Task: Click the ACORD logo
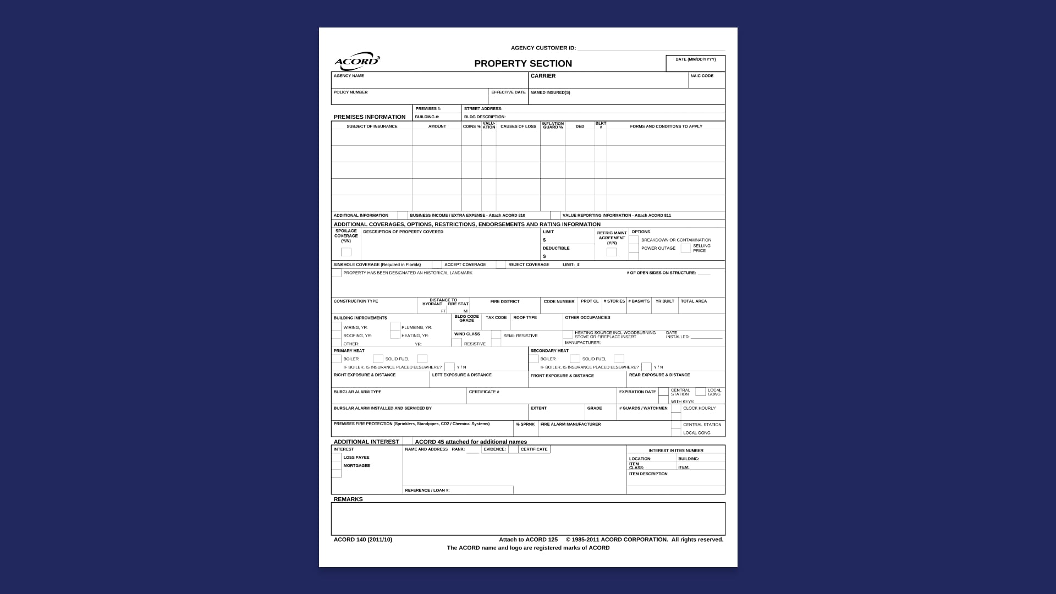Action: [357, 61]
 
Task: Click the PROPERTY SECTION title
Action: [523, 63]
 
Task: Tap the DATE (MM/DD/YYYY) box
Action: [695, 63]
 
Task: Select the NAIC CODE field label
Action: [702, 76]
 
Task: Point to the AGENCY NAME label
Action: [349, 76]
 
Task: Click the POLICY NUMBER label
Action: [350, 92]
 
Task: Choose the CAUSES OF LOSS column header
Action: [518, 127]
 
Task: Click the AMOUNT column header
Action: [437, 127]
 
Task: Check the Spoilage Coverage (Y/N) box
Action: [346, 252]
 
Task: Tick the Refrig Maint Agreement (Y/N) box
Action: [612, 252]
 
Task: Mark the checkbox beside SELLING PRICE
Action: [685, 248]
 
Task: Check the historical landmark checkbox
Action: [336, 273]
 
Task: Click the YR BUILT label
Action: [664, 301]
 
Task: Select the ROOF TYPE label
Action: [525, 317]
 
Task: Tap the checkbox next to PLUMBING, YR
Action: [395, 327]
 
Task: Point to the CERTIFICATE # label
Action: [484, 392]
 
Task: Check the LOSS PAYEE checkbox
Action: [336, 458]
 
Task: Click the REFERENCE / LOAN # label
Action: [427, 490]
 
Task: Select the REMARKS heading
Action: [348, 499]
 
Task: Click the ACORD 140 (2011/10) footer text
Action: [363, 540]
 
